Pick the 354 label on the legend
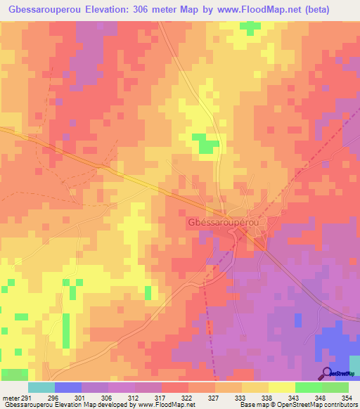(348, 397)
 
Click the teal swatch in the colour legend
(41, 387)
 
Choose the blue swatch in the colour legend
(68, 387)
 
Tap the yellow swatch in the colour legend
(282, 387)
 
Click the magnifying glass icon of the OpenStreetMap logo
(327, 373)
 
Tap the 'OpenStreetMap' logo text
(343, 375)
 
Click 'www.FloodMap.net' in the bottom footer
(167, 405)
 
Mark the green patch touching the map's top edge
(250, 27)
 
